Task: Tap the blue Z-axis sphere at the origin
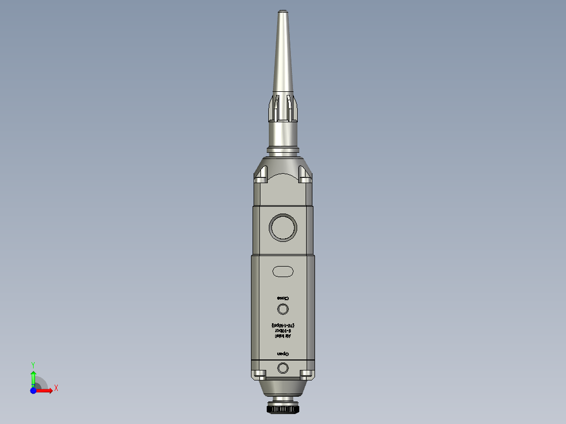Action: pyautogui.click(x=33, y=390)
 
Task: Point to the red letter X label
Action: pyautogui.click(x=56, y=388)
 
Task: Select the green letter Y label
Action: pyautogui.click(x=33, y=364)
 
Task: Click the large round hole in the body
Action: pyautogui.click(x=283, y=227)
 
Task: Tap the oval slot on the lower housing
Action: pyautogui.click(x=283, y=271)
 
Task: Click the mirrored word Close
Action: pyautogui.click(x=283, y=298)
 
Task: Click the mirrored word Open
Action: pyautogui.click(x=283, y=353)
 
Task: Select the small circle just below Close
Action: pyautogui.click(x=283, y=309)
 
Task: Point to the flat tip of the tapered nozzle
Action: pyautogui.click(x=283, y=10)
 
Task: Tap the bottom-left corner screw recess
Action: pyautogui.click(x=259, y=374)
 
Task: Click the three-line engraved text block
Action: pyautogui.click(x=283, y=332)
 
